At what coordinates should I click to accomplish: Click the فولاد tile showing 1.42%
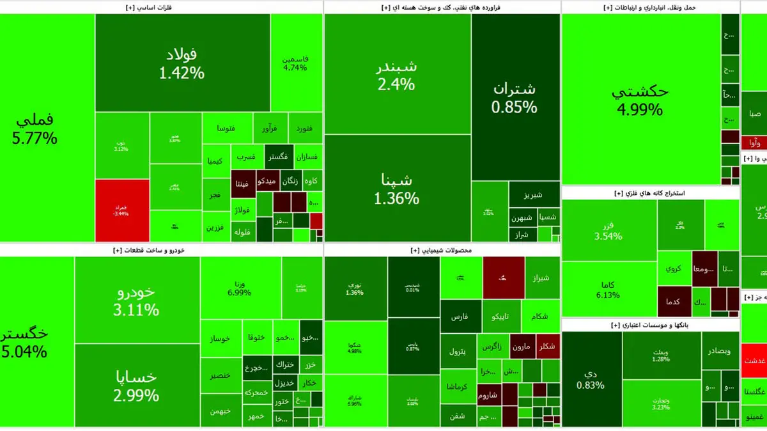point(182,63)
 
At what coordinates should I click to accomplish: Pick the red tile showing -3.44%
point(121,209)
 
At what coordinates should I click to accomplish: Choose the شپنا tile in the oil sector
point(396,189)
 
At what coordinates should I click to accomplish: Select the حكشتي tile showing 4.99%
point(640,100)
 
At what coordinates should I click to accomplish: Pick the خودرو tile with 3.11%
point(136,301)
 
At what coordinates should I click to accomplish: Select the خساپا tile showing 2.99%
point(136,385)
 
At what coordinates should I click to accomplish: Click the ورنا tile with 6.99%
point(240,287)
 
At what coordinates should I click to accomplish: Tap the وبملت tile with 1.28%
point(661,355)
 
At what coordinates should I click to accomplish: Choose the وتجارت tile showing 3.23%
point(661,403)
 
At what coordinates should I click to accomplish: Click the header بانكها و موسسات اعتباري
point(649,325)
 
